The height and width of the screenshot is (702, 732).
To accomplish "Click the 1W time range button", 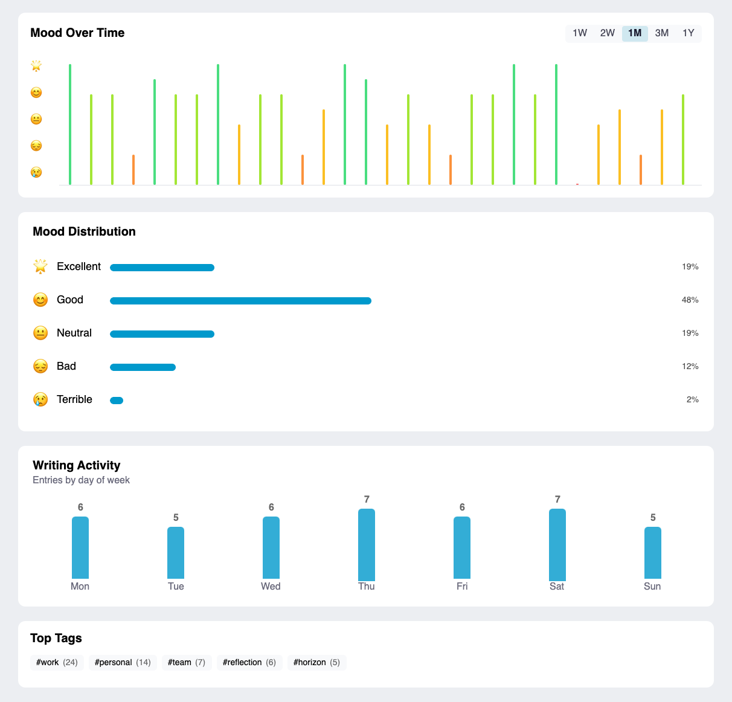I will (x=579, y=33).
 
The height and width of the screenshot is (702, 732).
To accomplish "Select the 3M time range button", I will (x=661, y=33).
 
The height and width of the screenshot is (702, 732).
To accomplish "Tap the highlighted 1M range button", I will (x=635, y=33).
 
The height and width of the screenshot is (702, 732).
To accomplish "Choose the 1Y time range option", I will (x=688, y=33).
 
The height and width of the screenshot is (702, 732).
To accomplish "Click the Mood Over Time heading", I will (x=77, y=33).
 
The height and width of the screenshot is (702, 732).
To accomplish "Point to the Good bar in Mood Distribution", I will (x=240, y=301).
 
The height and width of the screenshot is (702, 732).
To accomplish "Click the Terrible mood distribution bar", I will (x=117, y=401).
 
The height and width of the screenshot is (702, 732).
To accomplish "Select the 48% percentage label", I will (x=690, y=300).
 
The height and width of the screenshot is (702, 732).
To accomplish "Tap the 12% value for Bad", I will (x=690, y=367).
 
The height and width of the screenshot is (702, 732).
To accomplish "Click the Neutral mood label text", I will (x=74, y=333).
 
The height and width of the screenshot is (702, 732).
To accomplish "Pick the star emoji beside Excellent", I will (x=40, y=266).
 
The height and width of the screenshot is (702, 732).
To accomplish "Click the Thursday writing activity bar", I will (x=367, y=544).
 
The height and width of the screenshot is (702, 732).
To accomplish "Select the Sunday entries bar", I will (x=652, y=553).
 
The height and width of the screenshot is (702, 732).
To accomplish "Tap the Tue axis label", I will (x=176, y=587).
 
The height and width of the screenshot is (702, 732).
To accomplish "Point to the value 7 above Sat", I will (x=557, y=500).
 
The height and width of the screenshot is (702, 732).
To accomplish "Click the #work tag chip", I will (x=57, y=663).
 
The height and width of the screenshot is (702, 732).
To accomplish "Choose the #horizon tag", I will (x=316, y=663).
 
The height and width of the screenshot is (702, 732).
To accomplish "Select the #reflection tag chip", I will (x=249, y=663).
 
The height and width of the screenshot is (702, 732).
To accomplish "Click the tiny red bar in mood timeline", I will (x=577, y=184).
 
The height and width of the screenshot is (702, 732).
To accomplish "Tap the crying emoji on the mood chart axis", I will (x=36, y=172).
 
